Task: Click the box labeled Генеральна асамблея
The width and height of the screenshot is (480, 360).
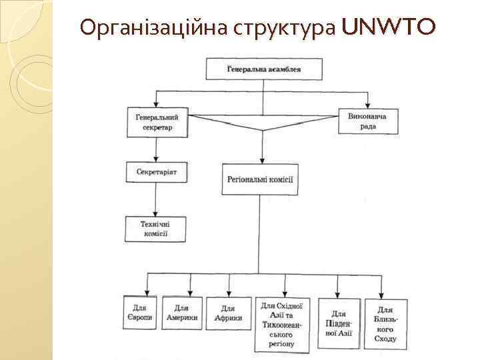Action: coord(264,67)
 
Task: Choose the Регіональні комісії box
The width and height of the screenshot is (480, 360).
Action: coord(260,180)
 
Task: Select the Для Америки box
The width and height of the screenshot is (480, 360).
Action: coord(181,313)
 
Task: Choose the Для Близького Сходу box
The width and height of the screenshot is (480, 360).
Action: coord(385,323)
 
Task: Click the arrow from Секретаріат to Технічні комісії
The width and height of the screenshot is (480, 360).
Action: coord(155,199)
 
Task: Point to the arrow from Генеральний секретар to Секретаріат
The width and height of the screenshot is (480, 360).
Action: coord(155,148)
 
